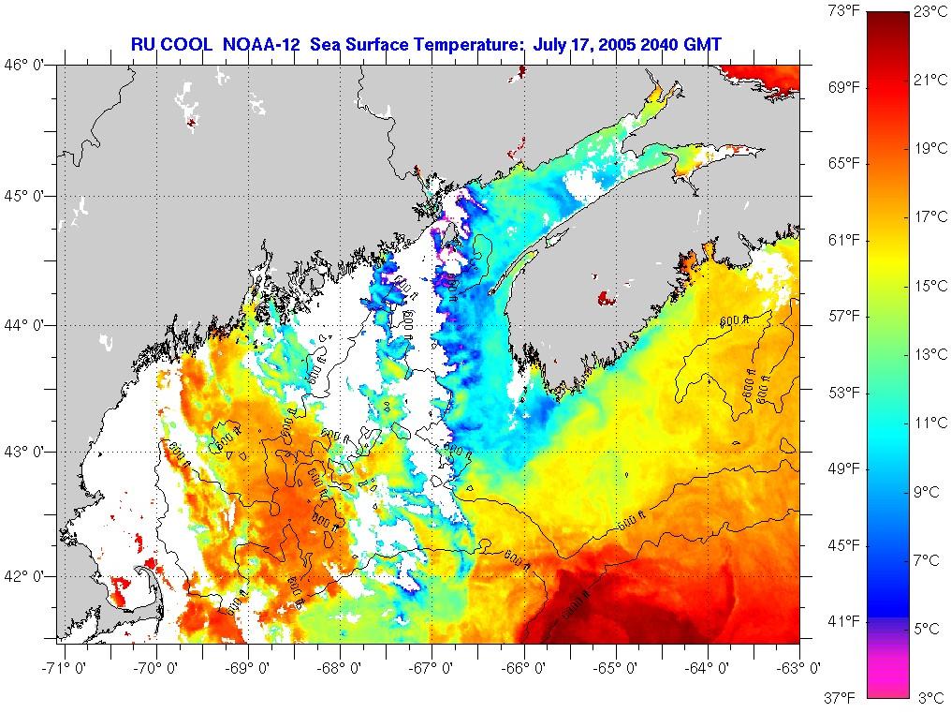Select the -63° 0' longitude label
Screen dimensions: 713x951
click(800, 668)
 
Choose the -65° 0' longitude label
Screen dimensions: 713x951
click(616, 668)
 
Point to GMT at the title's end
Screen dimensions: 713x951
click(701, 43)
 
